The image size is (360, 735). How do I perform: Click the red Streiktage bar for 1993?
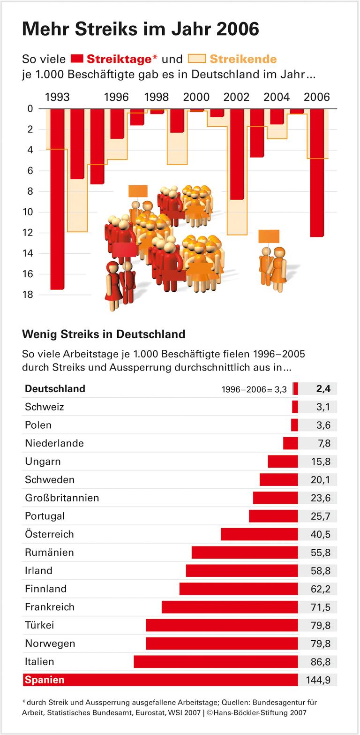coord(57,197)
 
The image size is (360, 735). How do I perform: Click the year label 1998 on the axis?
coord(157,97)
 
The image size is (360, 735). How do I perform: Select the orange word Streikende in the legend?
coord(243,59)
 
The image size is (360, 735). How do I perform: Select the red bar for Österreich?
coord(259,534)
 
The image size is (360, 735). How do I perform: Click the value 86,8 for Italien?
coord(321,662)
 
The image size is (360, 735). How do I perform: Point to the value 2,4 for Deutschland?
coord(323,388)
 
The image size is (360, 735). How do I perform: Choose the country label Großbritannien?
coord(62,498)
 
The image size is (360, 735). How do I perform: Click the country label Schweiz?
coord(45,407)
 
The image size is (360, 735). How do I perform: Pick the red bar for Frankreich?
coord(230,607)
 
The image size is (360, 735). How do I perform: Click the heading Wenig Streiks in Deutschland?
coord(104,334)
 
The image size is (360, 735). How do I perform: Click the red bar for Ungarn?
coord(283,462)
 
